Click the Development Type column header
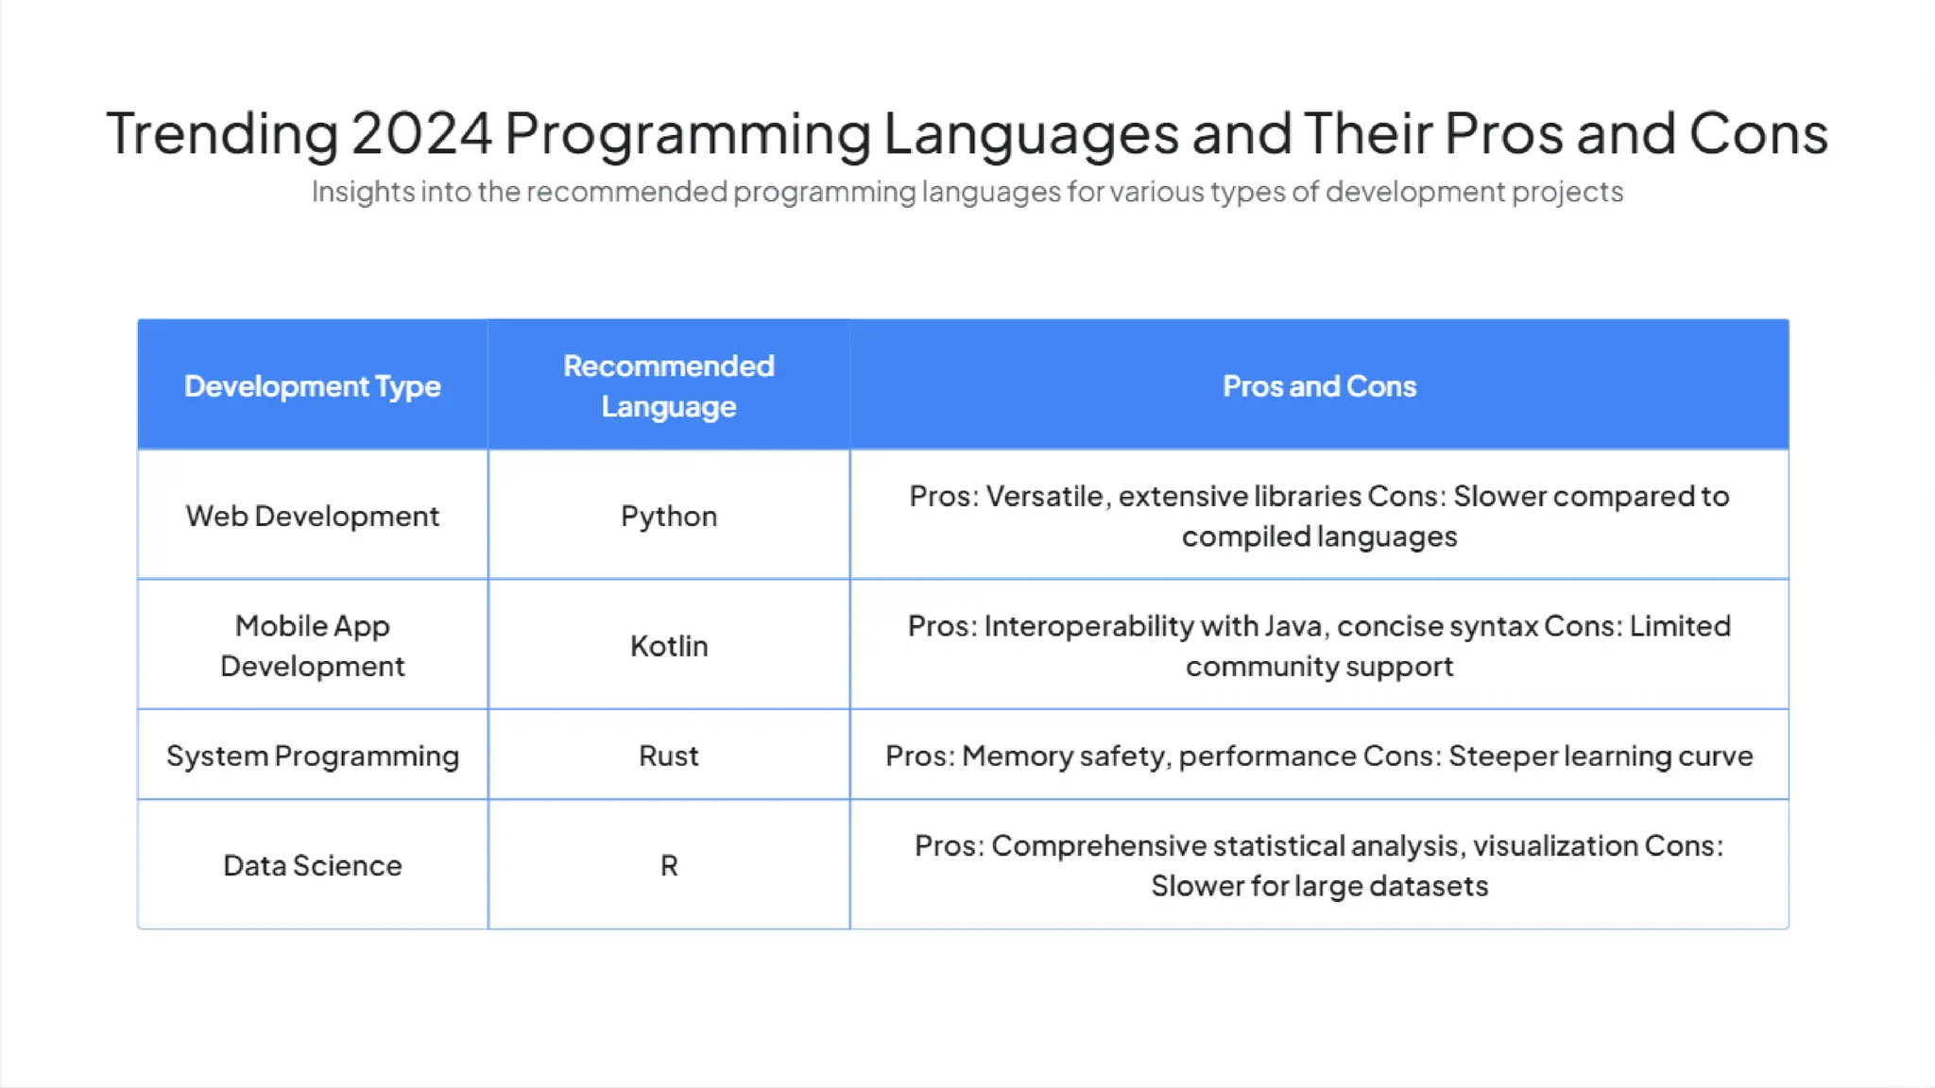click(312, 386)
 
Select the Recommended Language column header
click(668, 386)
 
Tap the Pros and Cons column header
click(1319, 386)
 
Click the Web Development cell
click(312, 516)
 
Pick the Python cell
click(668, 516)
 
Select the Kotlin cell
click(668, 646)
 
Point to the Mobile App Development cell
click(312, 646)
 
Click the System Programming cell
click(312, 756)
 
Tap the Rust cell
click(668, 756)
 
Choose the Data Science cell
click(312, 865)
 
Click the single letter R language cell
click(668, 865)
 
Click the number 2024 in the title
click(421, 133)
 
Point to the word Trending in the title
click(222, 133)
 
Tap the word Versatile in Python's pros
click(1044, 496)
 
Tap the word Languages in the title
click(1031, 133)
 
